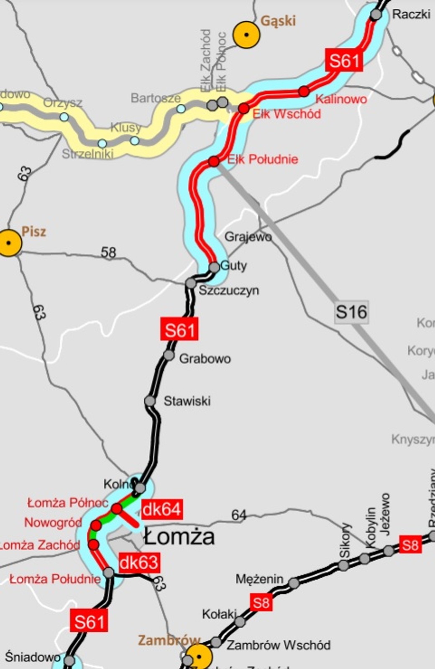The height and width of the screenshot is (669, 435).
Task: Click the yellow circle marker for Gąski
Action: pyautogui.click(x=246, y=35)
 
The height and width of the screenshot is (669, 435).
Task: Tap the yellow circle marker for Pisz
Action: pyautogui.click(x=9, y=243)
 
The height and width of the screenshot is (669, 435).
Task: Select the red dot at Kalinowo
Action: pyautogui.click(x=304, y=91)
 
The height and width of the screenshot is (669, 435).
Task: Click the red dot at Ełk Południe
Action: pyautogui.click(x=213, y=161)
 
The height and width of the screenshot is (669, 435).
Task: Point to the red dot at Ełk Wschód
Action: pyautogui.click(x=243, y=109)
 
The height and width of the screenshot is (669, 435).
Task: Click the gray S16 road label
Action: pyautogui.click(x=351, y=312)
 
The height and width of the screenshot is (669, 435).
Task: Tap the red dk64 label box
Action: pyautogui.click(x=161, y=510)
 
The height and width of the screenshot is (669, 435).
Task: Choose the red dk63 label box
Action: pyautogui.click(x=139, y=563)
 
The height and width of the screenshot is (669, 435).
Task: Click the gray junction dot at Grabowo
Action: pyautogui.click(x=169, y=355)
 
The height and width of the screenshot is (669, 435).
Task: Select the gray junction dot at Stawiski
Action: pyautogui.click(x=150, y=401)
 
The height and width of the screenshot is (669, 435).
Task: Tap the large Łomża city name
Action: pyautogui.click(x=179, y=537)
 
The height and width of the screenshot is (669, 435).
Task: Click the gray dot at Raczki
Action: pyautogui.click(x=376, y=15)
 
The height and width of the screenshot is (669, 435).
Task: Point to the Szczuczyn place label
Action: pyautogui.click(x=228, y=291)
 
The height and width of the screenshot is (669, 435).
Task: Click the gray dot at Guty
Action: pyautogui.click(x=214, y=267)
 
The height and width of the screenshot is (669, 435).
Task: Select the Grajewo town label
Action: pyautogui.click(x=248, y=237)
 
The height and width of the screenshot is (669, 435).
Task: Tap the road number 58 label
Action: pyautogui.click(x=108, y=252)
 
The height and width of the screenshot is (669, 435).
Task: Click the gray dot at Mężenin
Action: pyautogui.click(x=294, y=583)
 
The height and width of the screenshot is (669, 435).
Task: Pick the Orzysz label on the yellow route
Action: pyautogui.click(x=63, y=102)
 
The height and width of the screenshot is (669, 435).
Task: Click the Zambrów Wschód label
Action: pyautogui.click(x=278, y=645)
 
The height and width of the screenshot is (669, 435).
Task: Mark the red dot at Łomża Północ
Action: pyautogui.click(x=117, y=508)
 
